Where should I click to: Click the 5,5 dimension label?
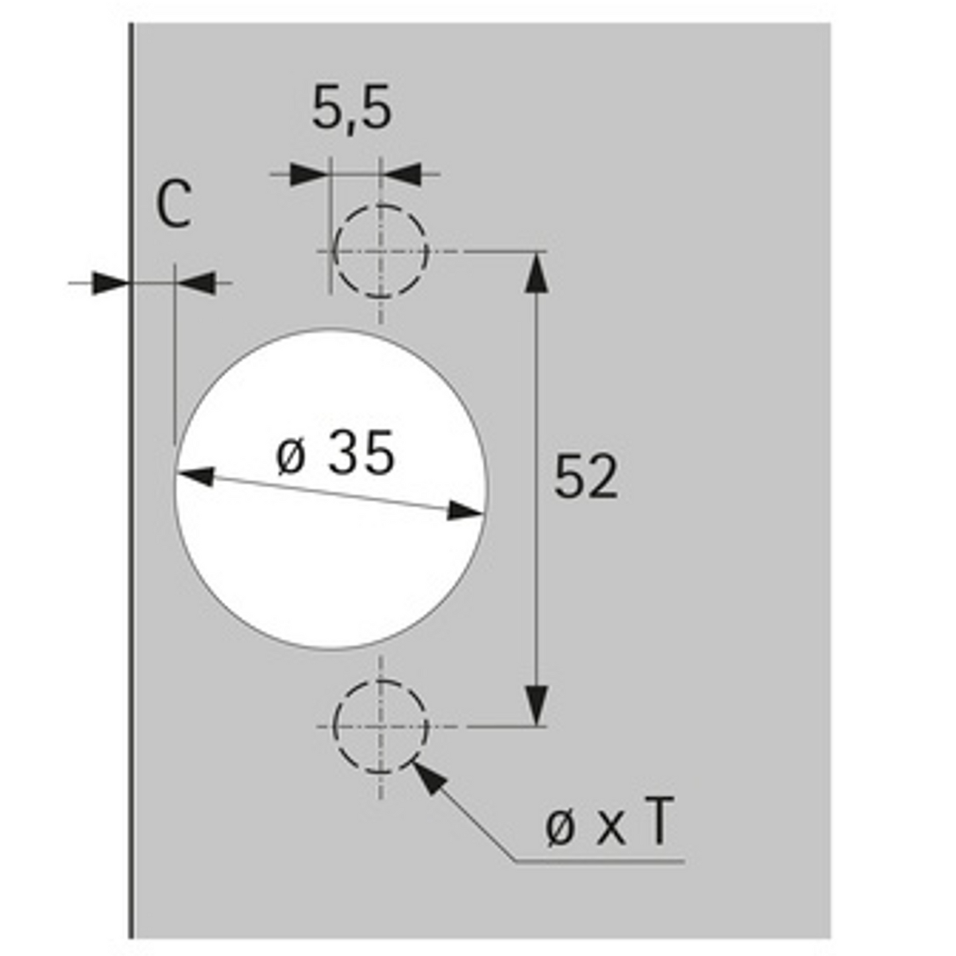tap(351, 108)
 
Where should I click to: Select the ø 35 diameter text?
tap(335, 454)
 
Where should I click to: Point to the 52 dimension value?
tap(586, 476)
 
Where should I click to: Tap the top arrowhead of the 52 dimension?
tap(537, 271)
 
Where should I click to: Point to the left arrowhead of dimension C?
tap(109, 283)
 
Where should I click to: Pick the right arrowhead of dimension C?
tap(196, 283)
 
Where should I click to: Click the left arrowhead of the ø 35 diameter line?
tap(196, 475)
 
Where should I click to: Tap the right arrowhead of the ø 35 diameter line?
tap(464, 511)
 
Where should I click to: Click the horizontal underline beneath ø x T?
tap(599, 861)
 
